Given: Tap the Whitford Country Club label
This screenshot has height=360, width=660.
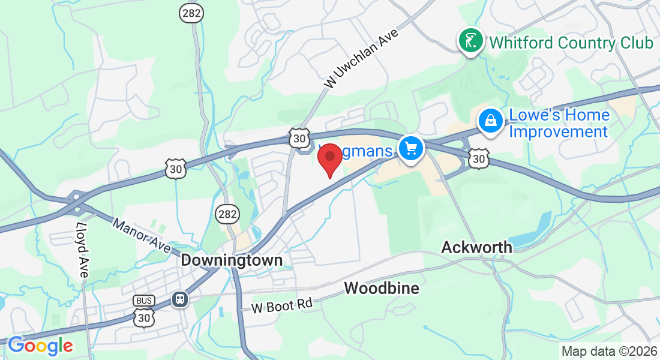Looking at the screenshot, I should tap(571, 43).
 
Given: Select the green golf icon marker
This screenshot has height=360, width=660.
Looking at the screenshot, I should tap(471, 41).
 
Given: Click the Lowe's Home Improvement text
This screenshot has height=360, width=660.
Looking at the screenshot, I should tap(559, 123).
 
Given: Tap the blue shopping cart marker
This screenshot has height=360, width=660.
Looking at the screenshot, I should tap(410, 147).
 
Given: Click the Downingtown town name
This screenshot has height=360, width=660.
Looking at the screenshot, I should tap(232, 260).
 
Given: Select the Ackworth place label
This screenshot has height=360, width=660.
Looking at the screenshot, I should tap(477, 247).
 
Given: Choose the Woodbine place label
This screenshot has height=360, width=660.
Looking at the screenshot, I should tap(382, 289).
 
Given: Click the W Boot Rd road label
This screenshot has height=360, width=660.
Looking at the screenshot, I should tap(282, 305).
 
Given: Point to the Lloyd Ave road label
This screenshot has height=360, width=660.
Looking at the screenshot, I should tap(82, 250).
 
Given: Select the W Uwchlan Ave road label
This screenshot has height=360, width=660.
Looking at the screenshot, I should tap(361, 60).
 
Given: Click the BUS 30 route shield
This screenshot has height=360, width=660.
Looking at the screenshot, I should tap(145, 310).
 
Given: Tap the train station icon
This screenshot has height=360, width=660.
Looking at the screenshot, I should tap(179, 299).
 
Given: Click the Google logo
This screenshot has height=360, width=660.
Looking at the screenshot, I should tap(40, 346).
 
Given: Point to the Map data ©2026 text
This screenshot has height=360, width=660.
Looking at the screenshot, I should tap(608, 352).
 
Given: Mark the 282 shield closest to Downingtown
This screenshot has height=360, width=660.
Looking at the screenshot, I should tap(228, 214).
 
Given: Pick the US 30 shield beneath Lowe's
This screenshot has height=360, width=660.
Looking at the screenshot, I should tap(478, 158).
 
